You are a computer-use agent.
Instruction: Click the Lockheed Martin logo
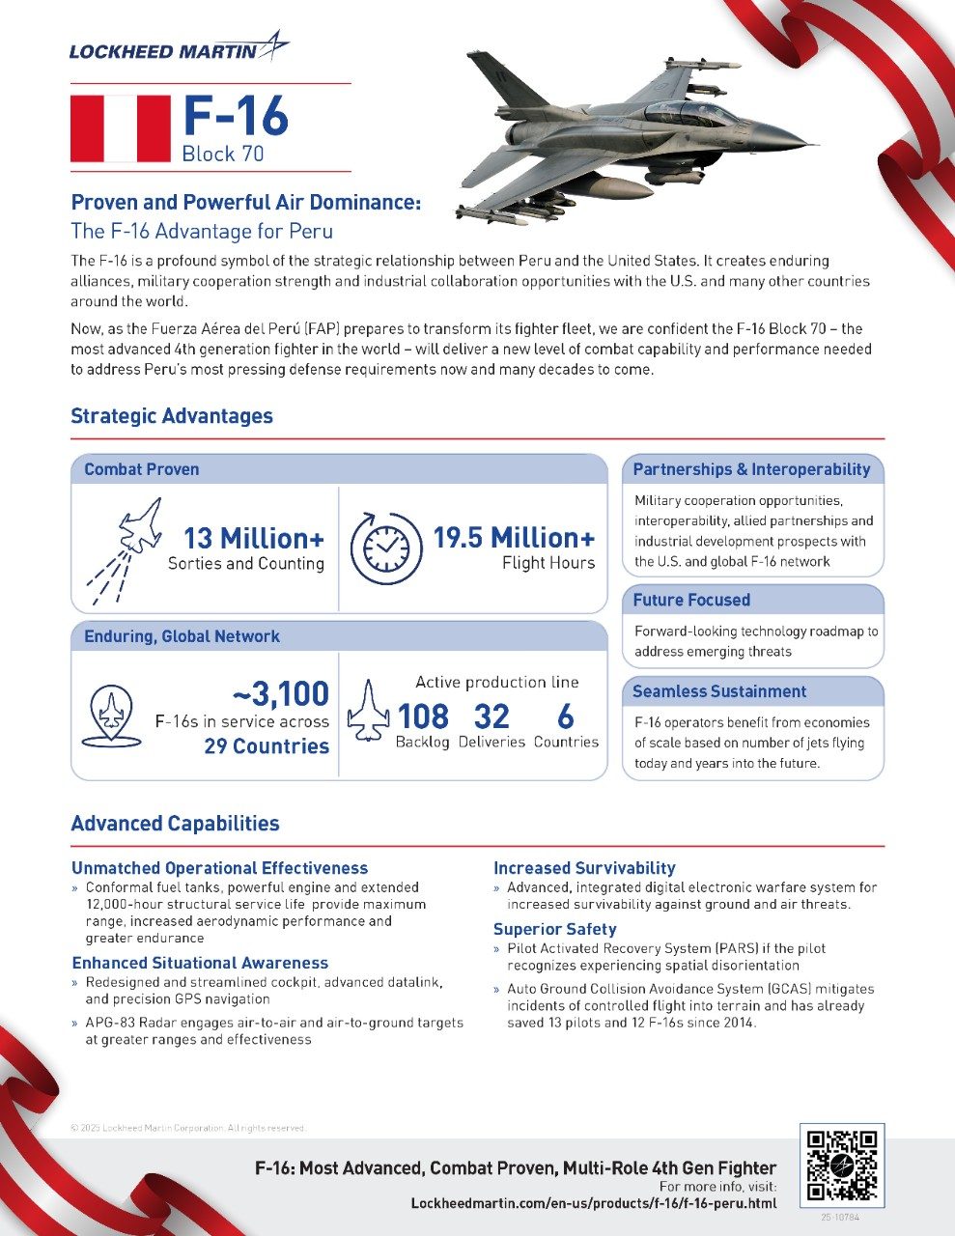coord(178,48)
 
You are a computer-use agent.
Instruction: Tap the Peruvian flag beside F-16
coord(120,128)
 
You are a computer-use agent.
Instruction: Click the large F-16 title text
coord(236,116)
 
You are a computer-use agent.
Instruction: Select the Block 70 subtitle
coord(222,154)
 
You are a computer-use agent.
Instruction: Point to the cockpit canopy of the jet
coord(690,113)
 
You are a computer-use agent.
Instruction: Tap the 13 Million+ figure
coord(254,538)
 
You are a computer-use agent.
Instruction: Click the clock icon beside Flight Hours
coord(385,548)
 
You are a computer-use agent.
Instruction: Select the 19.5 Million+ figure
coord(513,538)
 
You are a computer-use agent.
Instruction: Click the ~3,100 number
coord(281,693)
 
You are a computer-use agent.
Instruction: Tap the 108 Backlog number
coord(423,716)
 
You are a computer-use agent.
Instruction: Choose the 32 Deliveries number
coord(491,716)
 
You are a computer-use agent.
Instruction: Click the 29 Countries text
coord(267,746)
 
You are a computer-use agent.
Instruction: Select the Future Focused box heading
coord(691,600)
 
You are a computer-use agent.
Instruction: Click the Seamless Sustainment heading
coord(718,691)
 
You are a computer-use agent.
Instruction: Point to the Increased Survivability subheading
coord(584,868)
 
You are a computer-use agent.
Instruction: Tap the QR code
coord(841,1166)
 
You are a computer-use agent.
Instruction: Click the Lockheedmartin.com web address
coord(593,1203)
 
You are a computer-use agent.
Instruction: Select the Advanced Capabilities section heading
coord(175,824)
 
